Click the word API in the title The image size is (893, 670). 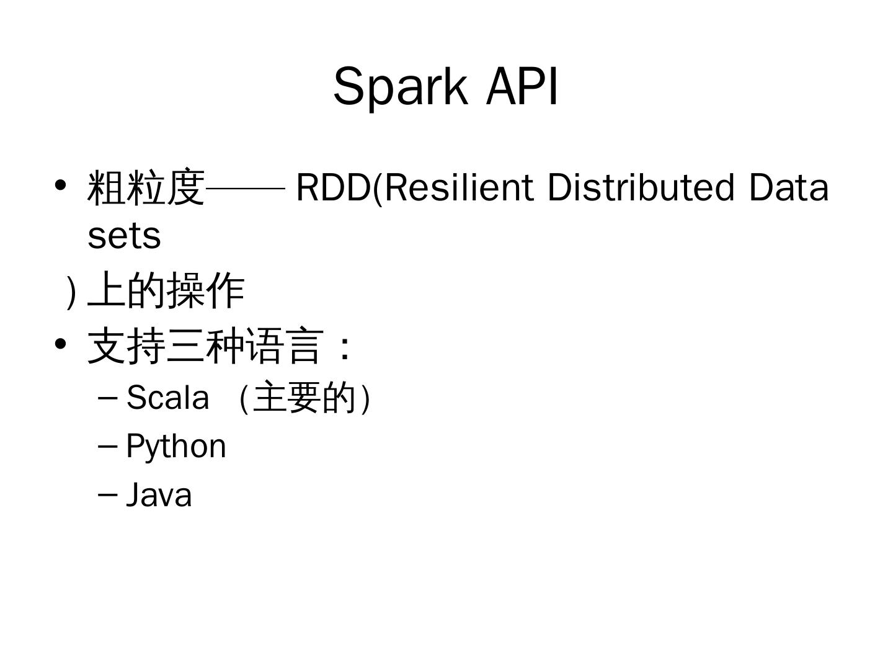coord(522,86)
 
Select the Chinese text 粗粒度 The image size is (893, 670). coord(146,187)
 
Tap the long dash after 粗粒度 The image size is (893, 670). coord(245,187)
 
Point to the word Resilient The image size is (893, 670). coord(459,187)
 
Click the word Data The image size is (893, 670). coord(788,187)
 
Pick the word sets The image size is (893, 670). coord(124,236)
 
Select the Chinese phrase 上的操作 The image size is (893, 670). coord(167,290)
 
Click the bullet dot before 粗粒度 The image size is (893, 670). coord(60,185)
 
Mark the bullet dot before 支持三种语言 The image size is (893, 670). coord(60,344)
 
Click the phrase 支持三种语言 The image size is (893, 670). coord(205,346)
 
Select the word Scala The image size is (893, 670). coord(167,397)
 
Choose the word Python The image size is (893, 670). coord(176,446)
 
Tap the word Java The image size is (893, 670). coord(159,495)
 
